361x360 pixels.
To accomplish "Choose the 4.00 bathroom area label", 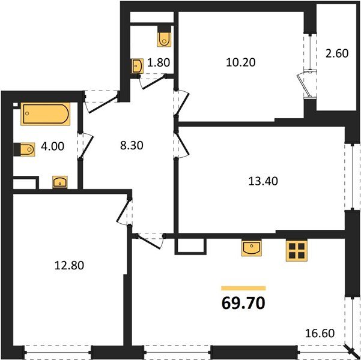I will [53, 145].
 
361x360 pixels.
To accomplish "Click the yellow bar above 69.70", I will [243, 288].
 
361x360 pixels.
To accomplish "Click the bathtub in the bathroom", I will [45, 114].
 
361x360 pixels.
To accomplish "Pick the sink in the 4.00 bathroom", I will [60, 181].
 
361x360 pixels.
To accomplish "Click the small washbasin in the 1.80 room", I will [138, 66].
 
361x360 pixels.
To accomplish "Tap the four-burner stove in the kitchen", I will [296, 251].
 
